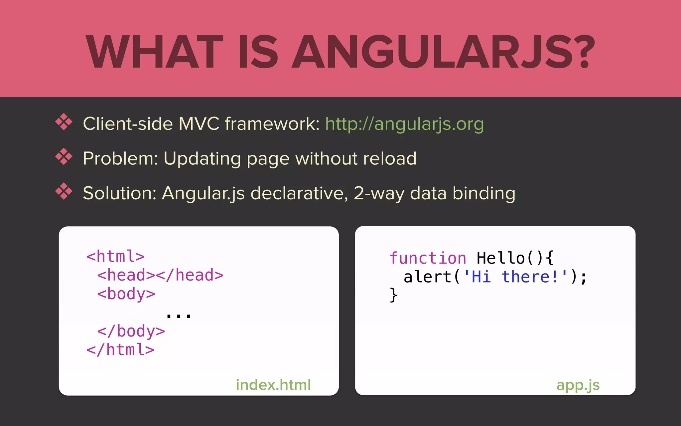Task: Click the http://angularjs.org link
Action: pos(404,124)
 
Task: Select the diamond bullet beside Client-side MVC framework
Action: pos(64,122)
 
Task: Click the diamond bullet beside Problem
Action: pos(64,156)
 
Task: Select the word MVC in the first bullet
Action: pos(199,124)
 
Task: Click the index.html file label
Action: pos(273,385)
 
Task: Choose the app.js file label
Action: pos(578,385)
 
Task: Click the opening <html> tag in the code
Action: pos(115,257)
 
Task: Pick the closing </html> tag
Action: pos(120,350)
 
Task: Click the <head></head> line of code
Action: pos(160,275)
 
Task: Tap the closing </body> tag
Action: pos(131,331)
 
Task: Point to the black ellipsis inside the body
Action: pos(179,315)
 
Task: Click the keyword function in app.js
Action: pos(428,258)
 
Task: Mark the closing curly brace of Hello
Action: pos(393,295)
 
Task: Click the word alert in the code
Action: pos(427,277)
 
